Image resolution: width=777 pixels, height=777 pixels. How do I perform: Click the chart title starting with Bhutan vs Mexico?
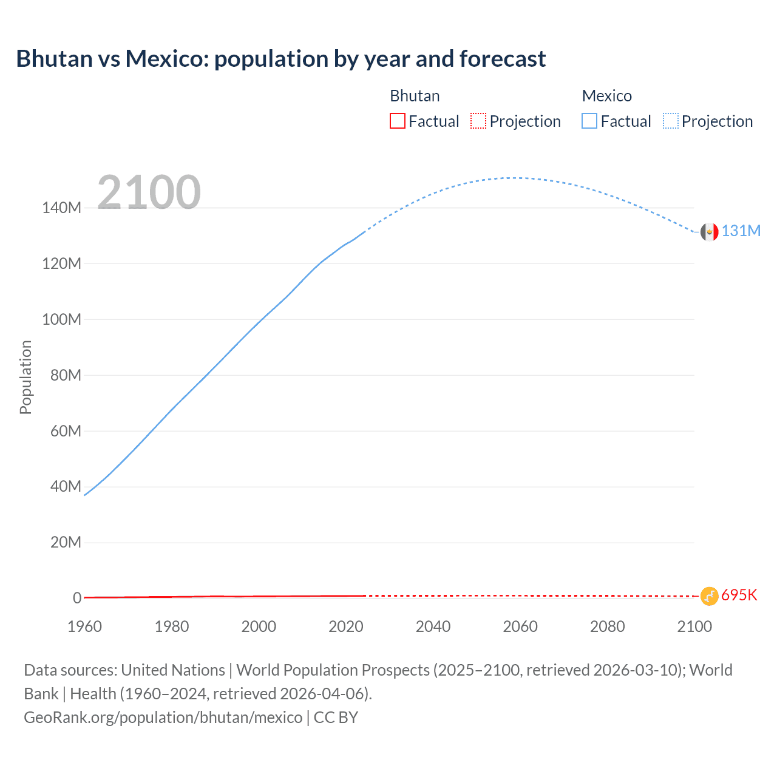(280, 59)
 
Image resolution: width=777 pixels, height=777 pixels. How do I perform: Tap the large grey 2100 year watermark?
(149, 192)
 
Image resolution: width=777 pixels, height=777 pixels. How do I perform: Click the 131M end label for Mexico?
(741, 231)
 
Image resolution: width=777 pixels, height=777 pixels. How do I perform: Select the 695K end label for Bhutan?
(739, 595)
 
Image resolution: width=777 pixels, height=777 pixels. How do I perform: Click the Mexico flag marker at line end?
(709, 231)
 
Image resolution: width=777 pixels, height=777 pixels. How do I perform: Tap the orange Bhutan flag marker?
(709, 596)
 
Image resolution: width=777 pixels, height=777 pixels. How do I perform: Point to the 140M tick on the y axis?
(61, 208)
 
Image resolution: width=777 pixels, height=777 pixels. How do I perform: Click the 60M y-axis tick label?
(66, 431)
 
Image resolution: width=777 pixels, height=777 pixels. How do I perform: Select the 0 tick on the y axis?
(77, 598)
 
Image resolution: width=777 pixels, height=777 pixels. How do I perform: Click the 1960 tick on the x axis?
(84, 626)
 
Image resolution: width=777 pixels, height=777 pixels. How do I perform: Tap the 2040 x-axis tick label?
(433, 626)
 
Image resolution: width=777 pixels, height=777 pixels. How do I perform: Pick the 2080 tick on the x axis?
(607, 626)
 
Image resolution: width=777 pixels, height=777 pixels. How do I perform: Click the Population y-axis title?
(25, 377)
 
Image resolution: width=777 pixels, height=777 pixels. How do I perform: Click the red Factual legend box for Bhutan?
(398, 121)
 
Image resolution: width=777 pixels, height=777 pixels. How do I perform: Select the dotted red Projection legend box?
(478, 121)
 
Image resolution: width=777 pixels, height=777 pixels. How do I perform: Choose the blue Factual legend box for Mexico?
(589, 121)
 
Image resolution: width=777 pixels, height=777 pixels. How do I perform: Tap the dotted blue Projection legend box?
(671, 121)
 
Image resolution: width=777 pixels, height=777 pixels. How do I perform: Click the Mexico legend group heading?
(606, 96)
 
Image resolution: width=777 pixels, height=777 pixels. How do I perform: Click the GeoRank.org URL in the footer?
(163, 718)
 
